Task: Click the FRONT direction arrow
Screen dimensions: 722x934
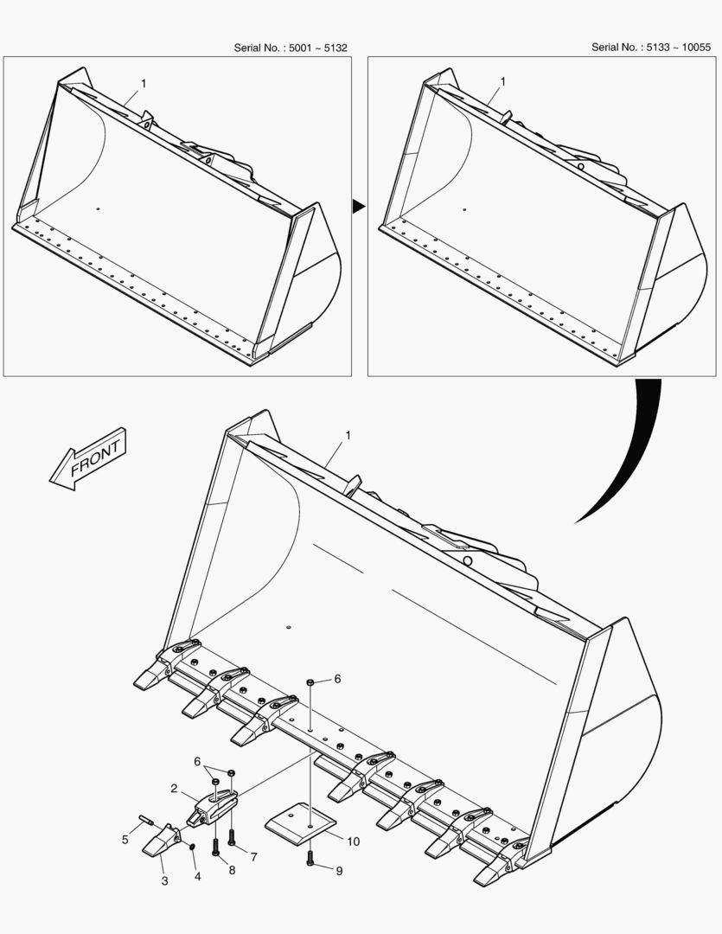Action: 87,459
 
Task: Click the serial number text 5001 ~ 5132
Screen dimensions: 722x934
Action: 317,48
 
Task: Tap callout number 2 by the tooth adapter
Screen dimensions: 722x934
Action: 174,789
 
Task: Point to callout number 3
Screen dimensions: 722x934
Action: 165,881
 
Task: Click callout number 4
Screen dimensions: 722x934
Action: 198,876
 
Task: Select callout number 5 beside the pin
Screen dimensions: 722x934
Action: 125,839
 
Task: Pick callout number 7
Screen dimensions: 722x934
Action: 253,856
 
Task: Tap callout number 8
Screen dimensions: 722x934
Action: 232,870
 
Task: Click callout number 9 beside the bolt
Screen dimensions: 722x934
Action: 339,871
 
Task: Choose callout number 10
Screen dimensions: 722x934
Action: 354,841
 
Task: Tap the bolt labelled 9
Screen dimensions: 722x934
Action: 310,859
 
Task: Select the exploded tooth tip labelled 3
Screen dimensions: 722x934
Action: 161,841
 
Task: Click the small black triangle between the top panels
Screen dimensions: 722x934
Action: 358,206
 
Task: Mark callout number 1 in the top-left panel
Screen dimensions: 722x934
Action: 143,83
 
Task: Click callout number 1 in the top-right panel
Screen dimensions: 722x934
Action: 502,81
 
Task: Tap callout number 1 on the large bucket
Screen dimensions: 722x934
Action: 348,435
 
